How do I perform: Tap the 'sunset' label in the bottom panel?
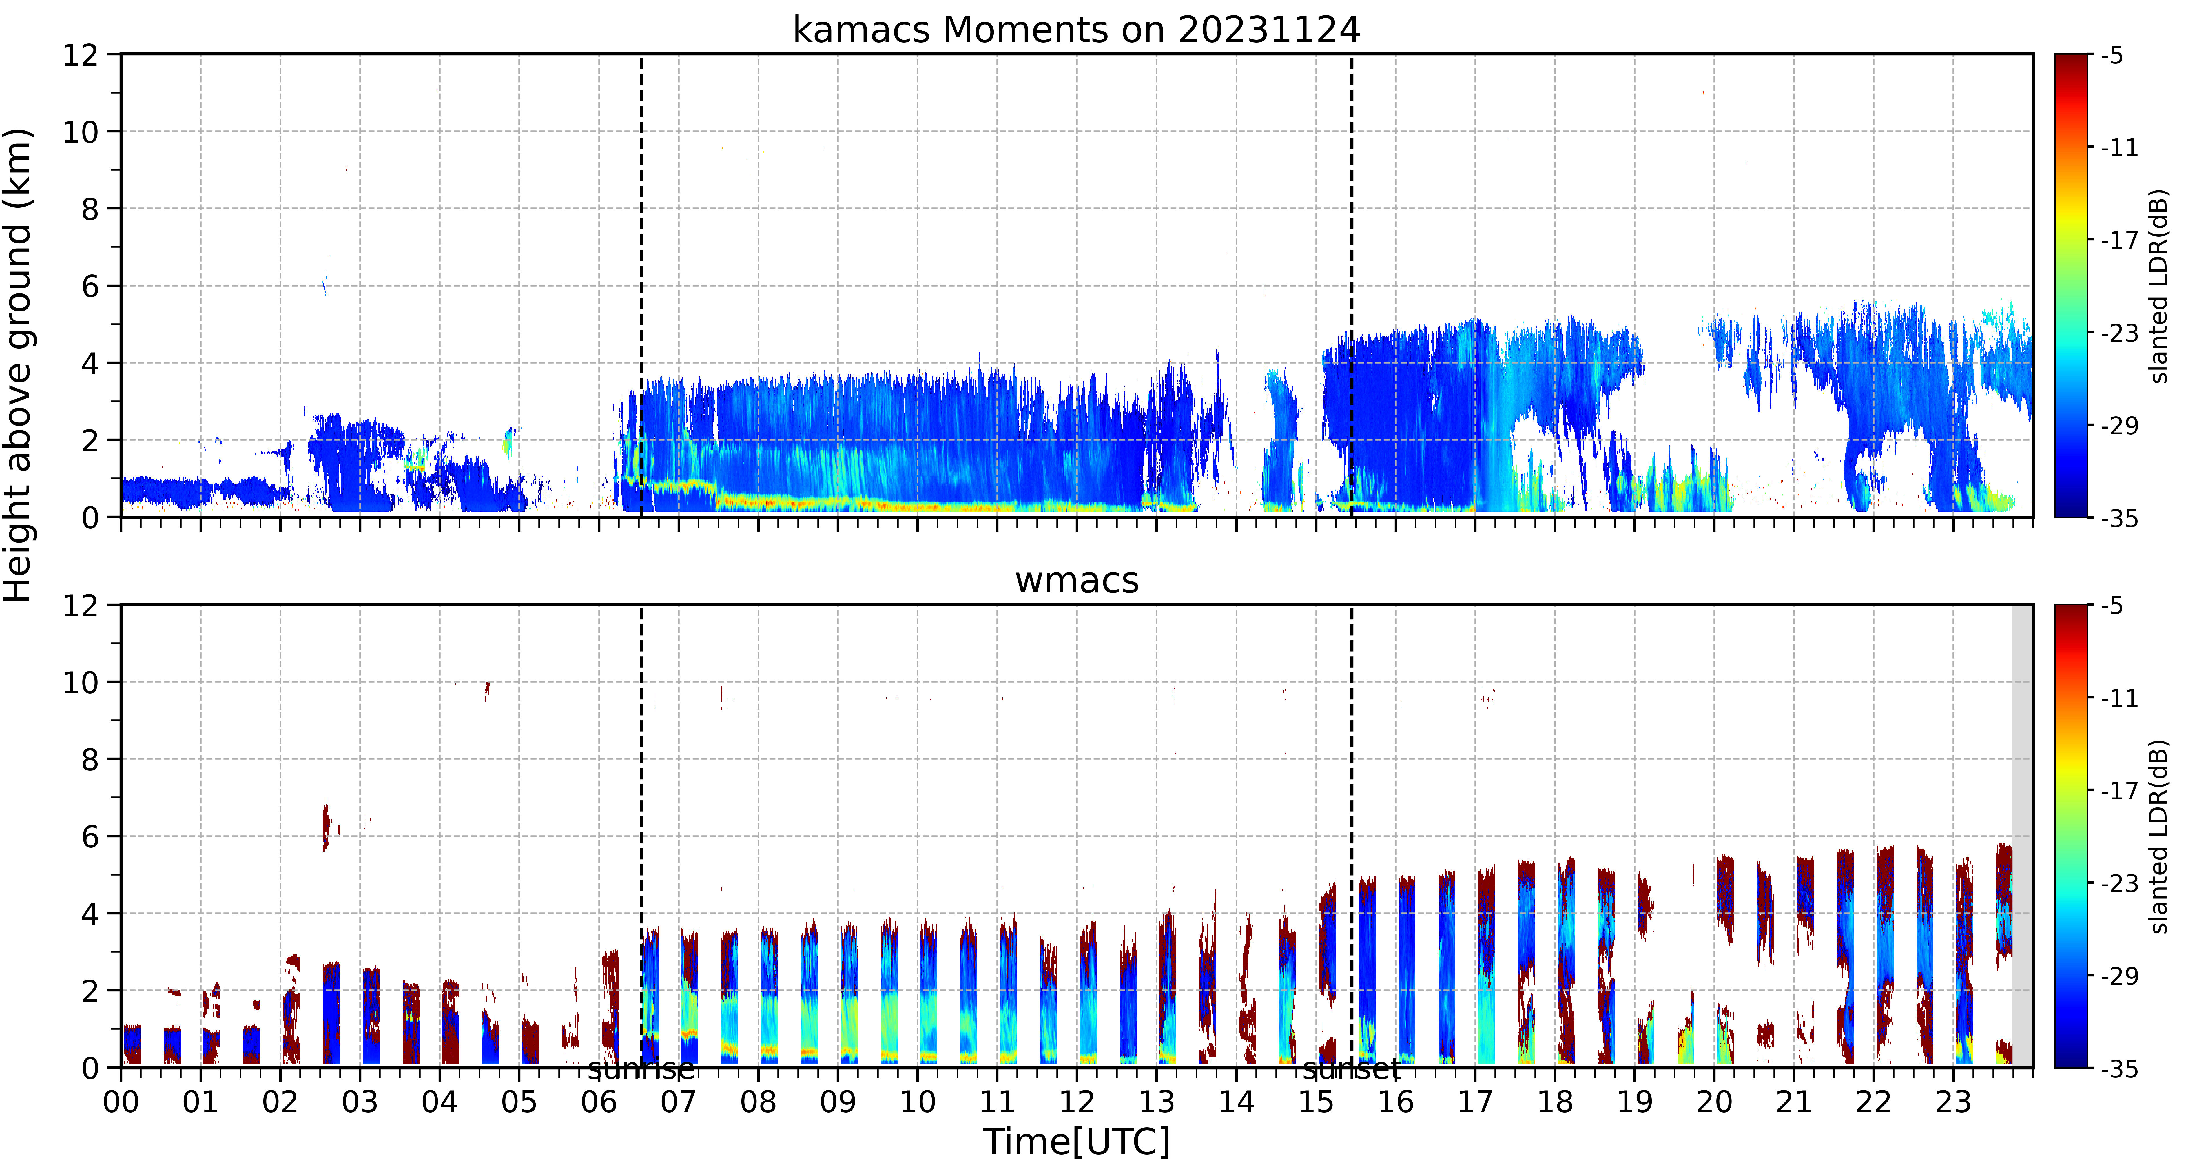(x=1352, y=1070)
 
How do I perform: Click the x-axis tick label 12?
(x=1077, y=1102)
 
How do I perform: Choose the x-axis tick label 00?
(x=121, y=1102)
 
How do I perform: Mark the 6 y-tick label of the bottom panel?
(x=90, y=837)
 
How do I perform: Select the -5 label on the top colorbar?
(x=2112, y=56)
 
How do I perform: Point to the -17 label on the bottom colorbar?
(x=2119, y=791)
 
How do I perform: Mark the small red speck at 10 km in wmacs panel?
(x=486, y=691)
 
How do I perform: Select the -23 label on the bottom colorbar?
(x=2119, y=883)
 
